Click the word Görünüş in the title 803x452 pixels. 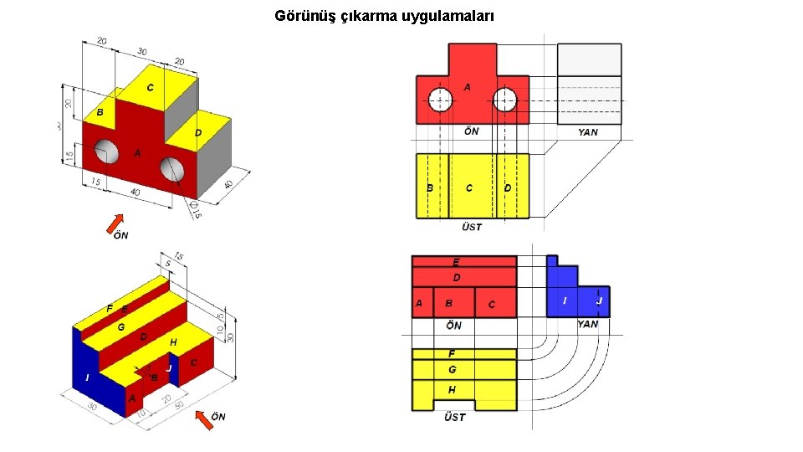pyautogui.click(x=305, y=16)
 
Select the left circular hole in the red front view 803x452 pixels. pyautogui.click(x=440, y=100)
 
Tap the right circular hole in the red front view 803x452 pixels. pyautogui.click(x=504, y=100)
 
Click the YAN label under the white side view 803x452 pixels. pyautogui.click(x=588, y=132)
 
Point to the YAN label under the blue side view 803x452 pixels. pyautogui.click(x=588, y=324)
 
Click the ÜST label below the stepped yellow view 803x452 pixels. pyautogui.click(x=454, y=417)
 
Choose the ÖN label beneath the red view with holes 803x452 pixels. pyautogui.click(x=472, y=131)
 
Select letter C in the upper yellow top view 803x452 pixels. pyautogui.click(x=468, y=188)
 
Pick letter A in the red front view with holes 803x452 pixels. pyautogui.click(x=467, y=87)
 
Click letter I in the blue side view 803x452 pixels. pyautogui.click(x=565, y=300)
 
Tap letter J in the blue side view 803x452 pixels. pyautogui.click(x=599, y=300)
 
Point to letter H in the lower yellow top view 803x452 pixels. pyautogui.click(x=452, y=390)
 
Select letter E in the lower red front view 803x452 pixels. pyautogui.click(x=456, y=262)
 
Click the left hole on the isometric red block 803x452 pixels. pyautogui.click(x=106, y=152)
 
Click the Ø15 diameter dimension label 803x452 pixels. pyautogui.click(x=195, y=210)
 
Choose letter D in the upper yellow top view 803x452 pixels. pyautogui.click(x=508, y=188)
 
